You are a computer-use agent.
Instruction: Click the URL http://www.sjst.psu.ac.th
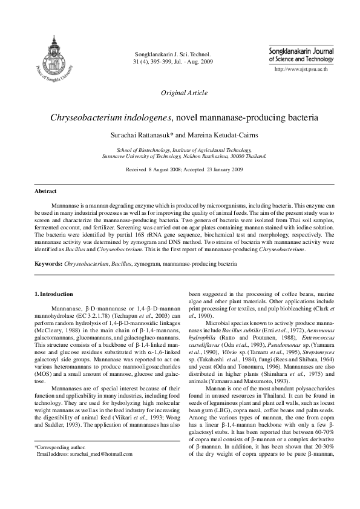pos(301,70)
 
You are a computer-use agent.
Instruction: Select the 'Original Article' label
pos(184,93)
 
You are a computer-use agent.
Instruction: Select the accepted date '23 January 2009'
pos(220,169)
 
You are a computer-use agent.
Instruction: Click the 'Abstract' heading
pos(45,191)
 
